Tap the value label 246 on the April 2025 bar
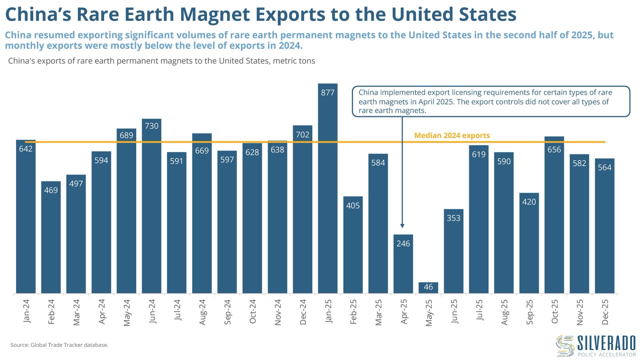403,244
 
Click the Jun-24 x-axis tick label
152,311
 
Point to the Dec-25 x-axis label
605,312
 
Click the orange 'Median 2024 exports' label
452,136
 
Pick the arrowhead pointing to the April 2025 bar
402,226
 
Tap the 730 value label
152,126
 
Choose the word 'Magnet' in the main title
215,14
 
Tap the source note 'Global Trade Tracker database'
69,345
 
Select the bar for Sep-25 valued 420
529,243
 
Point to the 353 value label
453,218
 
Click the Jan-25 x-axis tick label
328,311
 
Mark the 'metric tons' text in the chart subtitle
294,61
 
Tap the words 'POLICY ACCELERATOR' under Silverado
607,355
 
